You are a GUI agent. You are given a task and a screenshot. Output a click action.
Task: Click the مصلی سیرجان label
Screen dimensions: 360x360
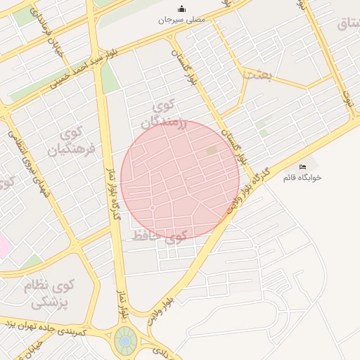(x=181, y=20)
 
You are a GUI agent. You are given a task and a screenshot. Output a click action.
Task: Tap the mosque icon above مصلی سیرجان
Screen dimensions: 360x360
(x=182, y=8)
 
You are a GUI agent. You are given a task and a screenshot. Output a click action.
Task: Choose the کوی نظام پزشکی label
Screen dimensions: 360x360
(x=53, y=295)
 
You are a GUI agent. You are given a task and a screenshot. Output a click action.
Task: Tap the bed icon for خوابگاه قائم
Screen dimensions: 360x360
(x=302, y=167)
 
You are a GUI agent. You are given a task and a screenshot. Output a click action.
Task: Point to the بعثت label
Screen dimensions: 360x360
(x=257, y=74)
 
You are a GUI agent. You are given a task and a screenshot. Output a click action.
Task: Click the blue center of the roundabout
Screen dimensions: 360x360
(x=125, y=341)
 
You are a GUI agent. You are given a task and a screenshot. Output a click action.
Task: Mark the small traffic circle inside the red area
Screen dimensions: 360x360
(x=153, y=207)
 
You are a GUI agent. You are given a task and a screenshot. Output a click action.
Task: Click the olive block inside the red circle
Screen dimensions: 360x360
(x=212, y=150)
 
